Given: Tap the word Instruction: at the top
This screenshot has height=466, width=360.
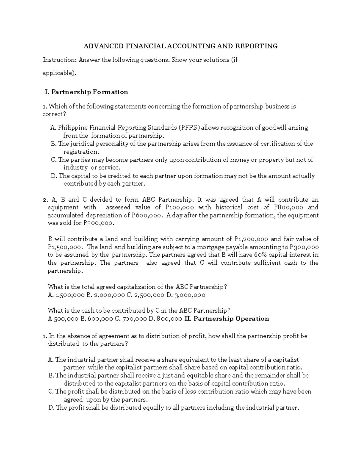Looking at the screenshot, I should [60, 60].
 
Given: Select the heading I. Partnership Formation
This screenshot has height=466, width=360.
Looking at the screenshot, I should [86, 92].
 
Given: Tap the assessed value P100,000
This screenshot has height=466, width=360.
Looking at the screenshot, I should [179, 207].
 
